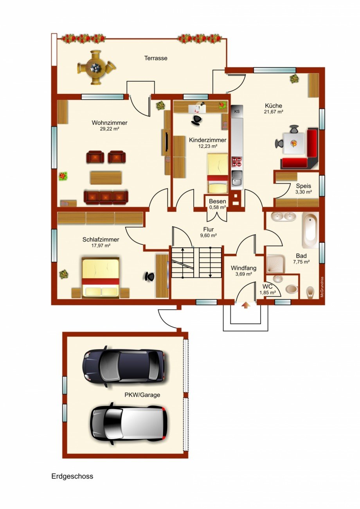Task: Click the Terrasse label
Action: click(x=156, y=58)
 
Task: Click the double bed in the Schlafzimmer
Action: click(x=100, y=277)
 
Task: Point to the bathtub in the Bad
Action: click(x=310, y=230)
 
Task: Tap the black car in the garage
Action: click(x=123, y=366)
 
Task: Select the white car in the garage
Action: click(x=129, y=423)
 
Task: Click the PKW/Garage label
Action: click(x=142, y=395)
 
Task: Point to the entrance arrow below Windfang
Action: click(x=245, y=305)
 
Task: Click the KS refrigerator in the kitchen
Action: click(x=237, y=111)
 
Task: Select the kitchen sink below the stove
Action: click(x=237, y=180)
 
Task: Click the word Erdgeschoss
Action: click(x=72, y=476)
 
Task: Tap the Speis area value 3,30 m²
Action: click(x=303, y=192)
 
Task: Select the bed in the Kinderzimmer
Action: click(x=217, y=173)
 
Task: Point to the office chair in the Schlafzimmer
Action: click(x=149, y=276)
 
